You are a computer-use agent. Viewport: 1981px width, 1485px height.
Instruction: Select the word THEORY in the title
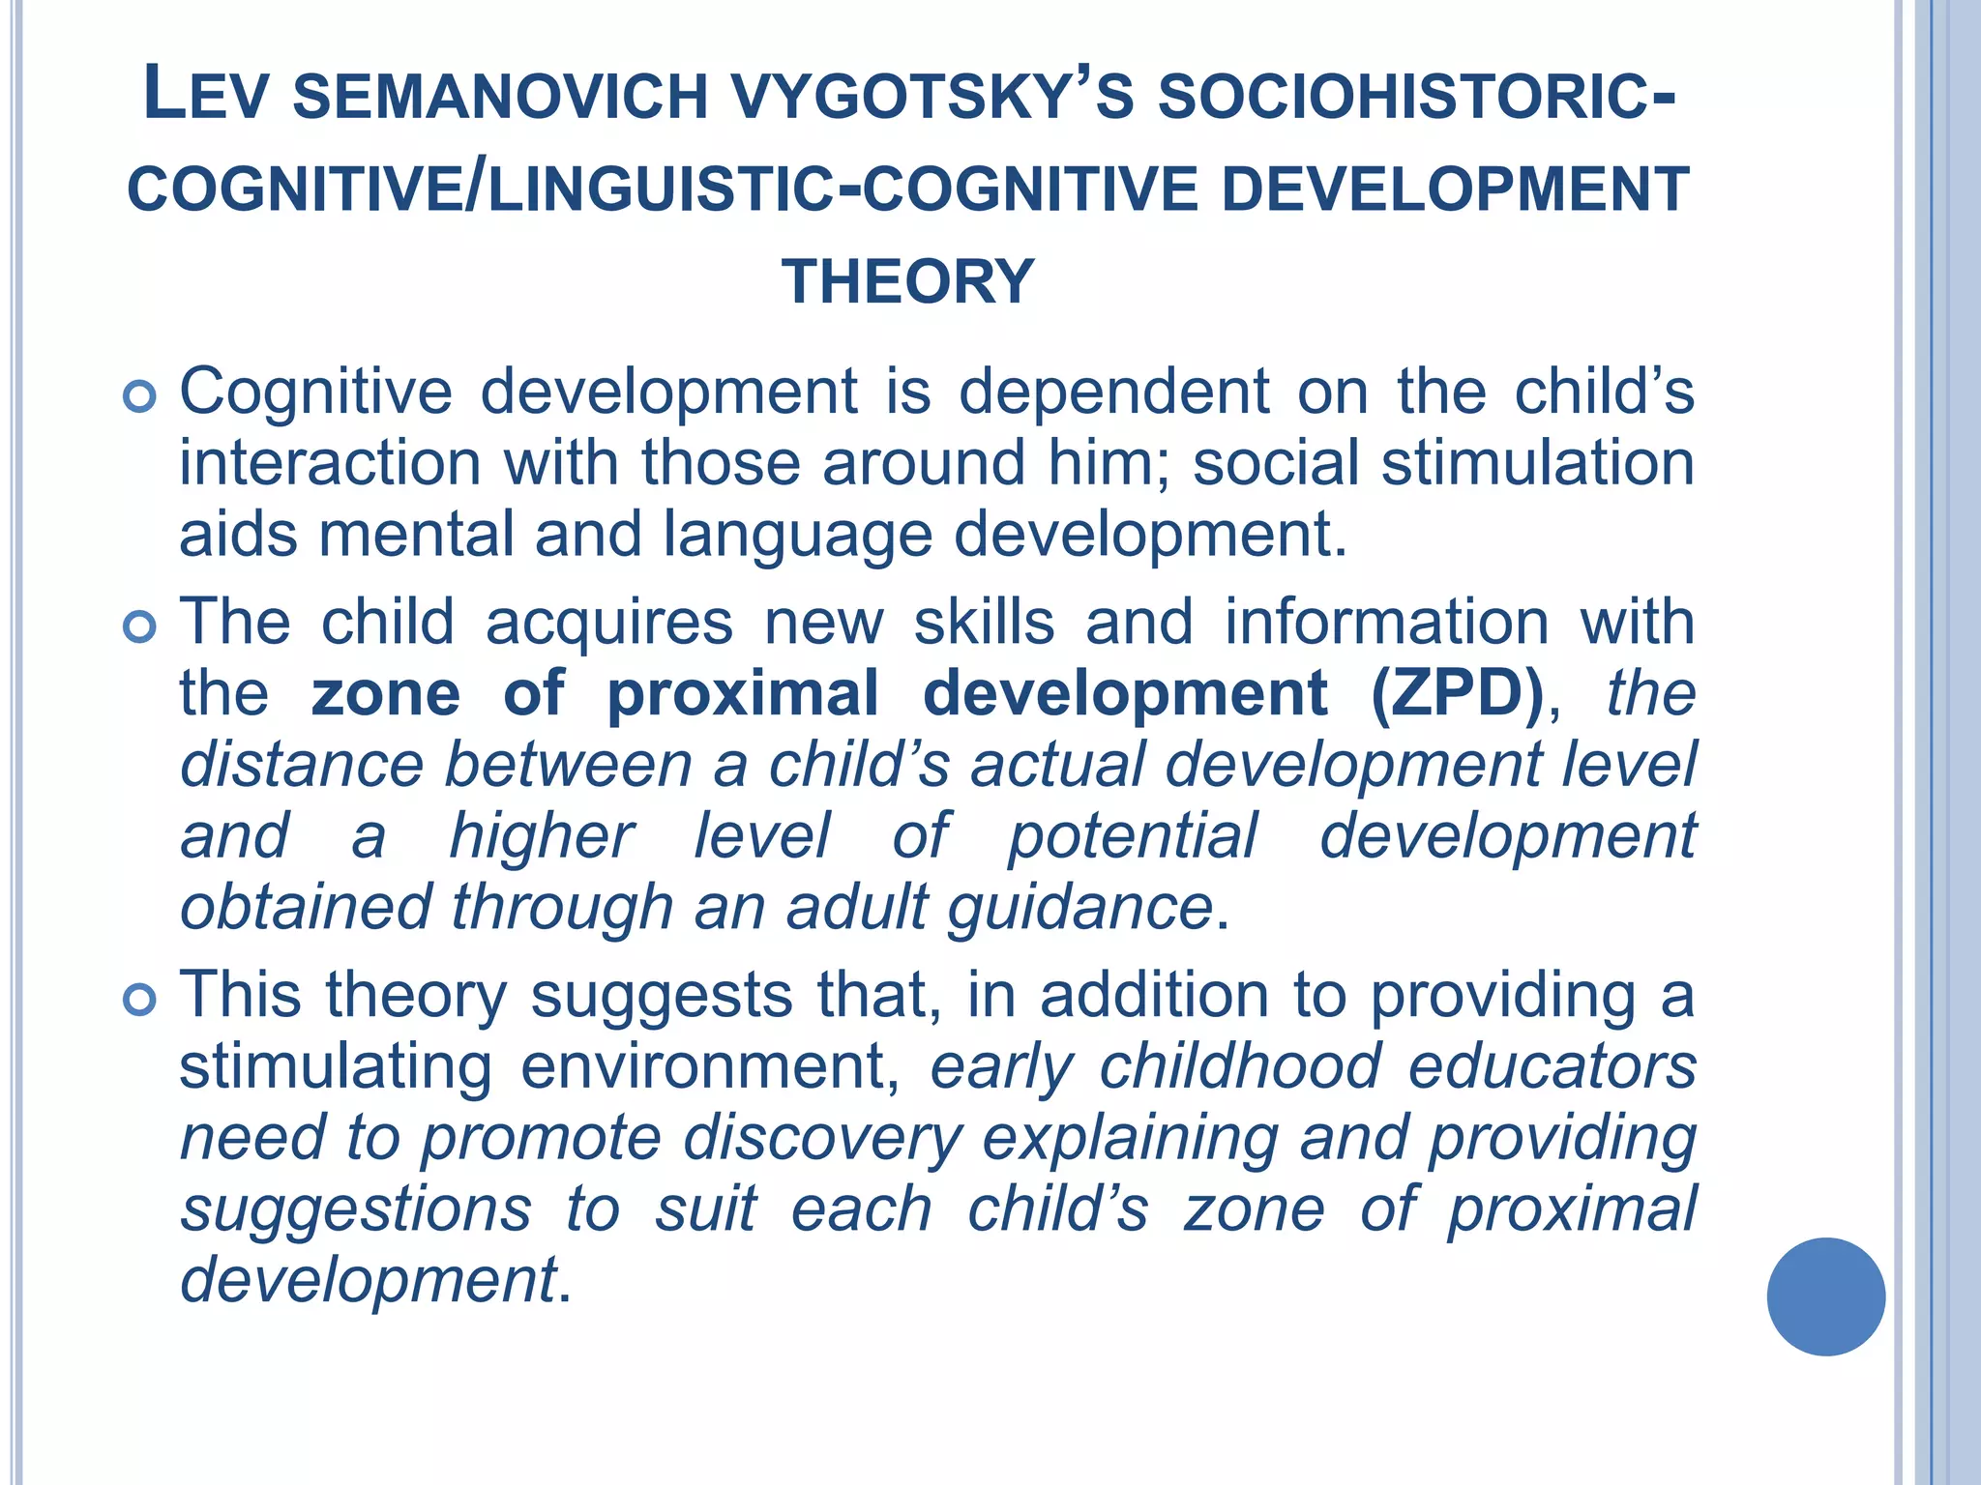click(908, 281)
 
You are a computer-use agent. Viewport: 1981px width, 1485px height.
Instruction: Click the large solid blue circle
click(1825, 1296)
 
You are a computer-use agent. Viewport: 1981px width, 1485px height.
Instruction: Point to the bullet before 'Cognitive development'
click(140, 396)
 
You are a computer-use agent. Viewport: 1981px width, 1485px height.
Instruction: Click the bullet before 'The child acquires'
click(140, 627)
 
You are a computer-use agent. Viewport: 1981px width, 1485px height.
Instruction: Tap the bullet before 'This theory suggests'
click(140, 1000)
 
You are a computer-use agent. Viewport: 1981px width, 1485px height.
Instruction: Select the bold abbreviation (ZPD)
click(1457, 693)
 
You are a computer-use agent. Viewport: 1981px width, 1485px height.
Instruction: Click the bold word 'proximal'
click(743, 693)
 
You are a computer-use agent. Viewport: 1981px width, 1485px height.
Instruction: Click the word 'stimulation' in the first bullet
click(1537, 463)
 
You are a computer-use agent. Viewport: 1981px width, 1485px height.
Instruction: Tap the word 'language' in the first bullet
click(797, 536)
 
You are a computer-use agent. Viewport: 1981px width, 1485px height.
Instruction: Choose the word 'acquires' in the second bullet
click(609, 622)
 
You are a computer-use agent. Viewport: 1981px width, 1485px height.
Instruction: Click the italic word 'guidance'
click(1079, 909)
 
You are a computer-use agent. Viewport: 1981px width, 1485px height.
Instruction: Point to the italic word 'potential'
click(1133, 836)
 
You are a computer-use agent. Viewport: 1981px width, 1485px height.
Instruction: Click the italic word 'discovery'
click(822, 1139)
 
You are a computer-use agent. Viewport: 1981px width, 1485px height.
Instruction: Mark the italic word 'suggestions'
click(356, 1210)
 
